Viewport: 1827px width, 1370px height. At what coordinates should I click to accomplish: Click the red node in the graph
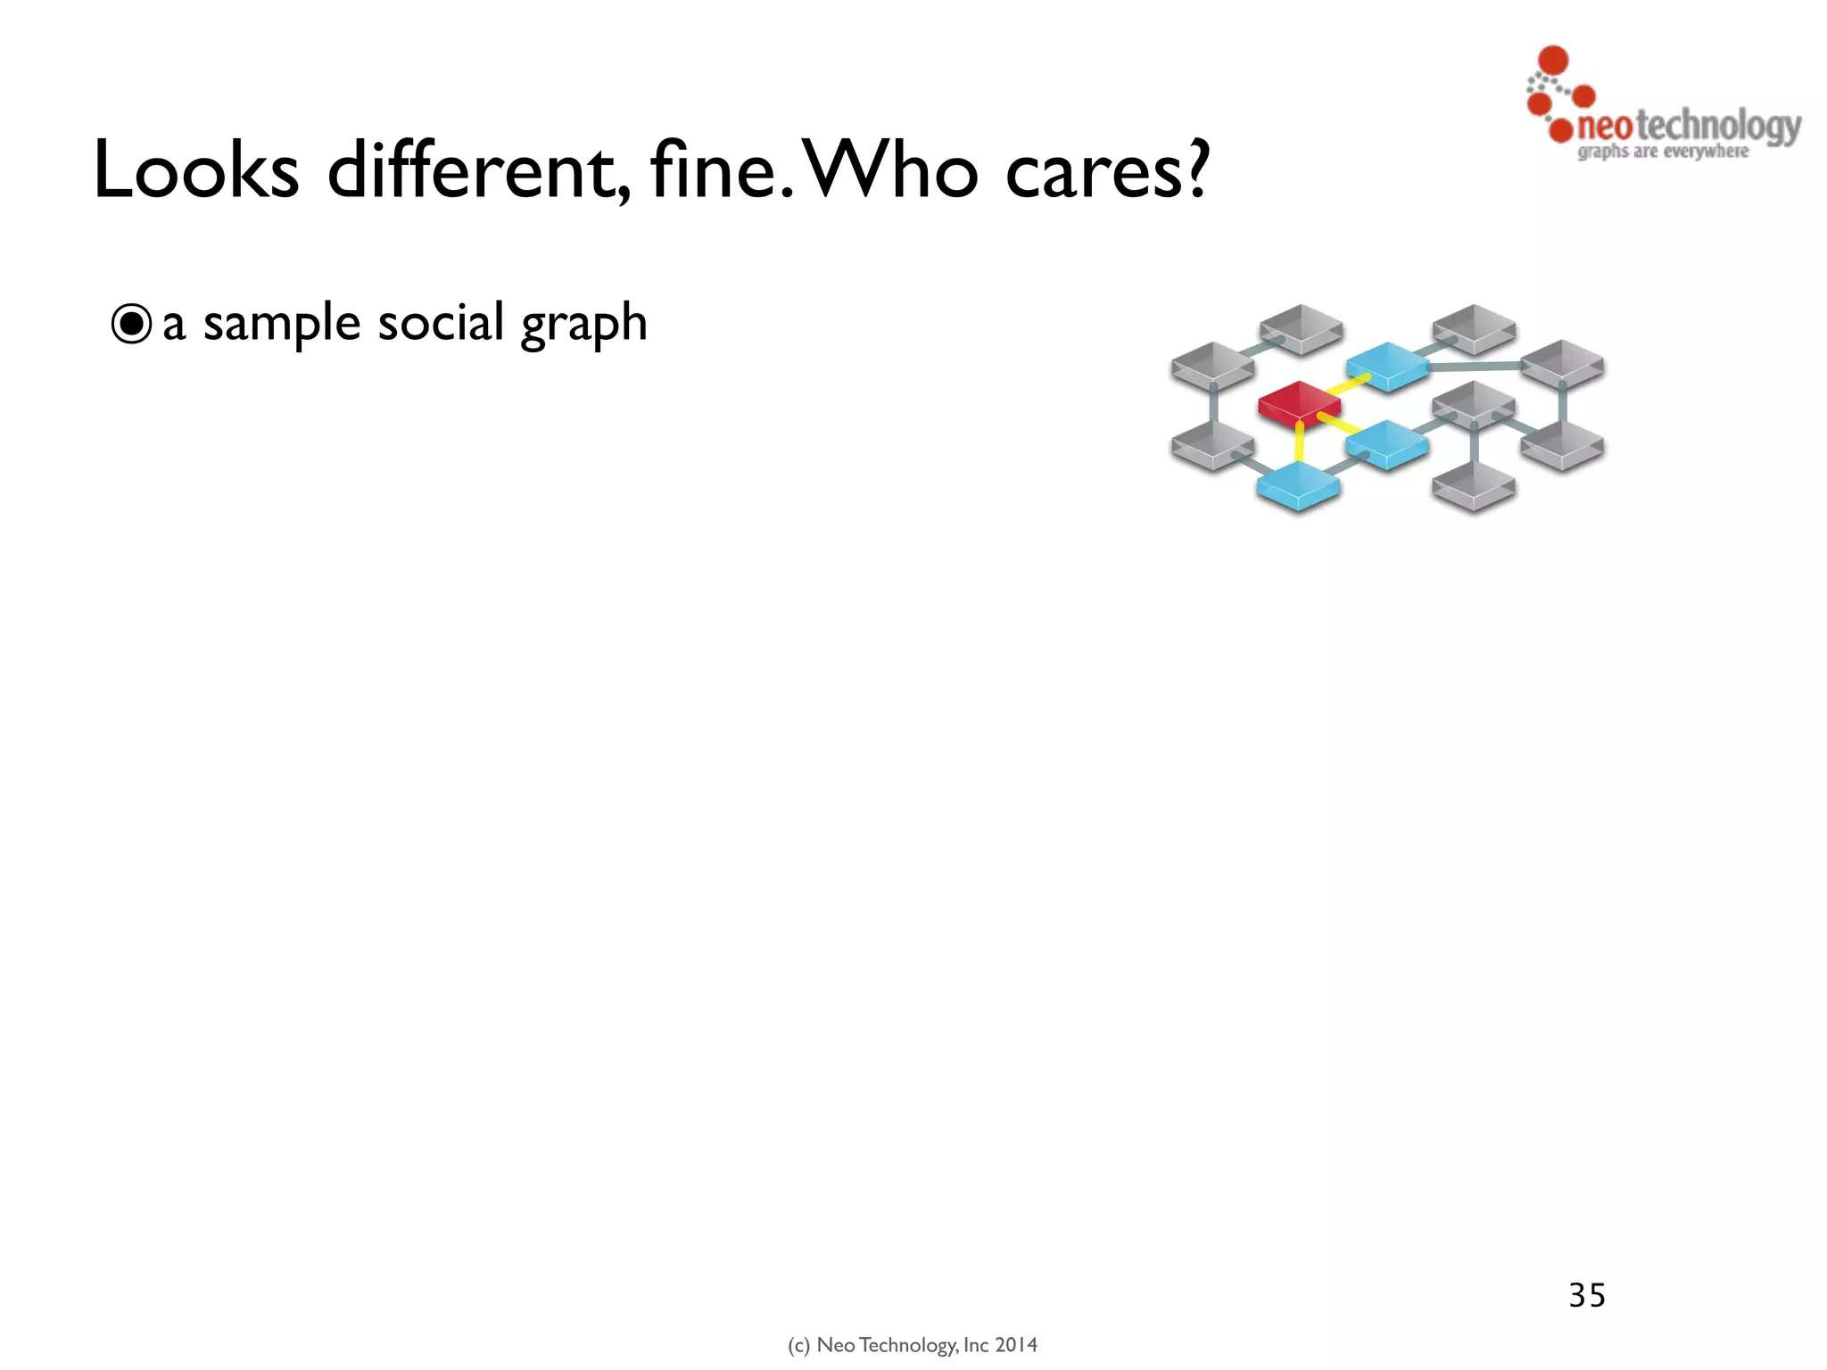pos(1299,402)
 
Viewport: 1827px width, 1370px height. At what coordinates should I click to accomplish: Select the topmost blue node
pos(1386,364)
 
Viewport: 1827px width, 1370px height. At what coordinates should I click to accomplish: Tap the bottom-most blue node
pos(1298,483)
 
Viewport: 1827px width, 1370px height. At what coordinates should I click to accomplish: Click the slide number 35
pos(1587,1295)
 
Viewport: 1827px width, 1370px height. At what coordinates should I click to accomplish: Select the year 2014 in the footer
pos(1016,1345)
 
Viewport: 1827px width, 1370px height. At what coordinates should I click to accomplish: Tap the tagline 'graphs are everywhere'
pos(1663,152)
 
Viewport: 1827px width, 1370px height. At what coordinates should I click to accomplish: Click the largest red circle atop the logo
pos(1554,60)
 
